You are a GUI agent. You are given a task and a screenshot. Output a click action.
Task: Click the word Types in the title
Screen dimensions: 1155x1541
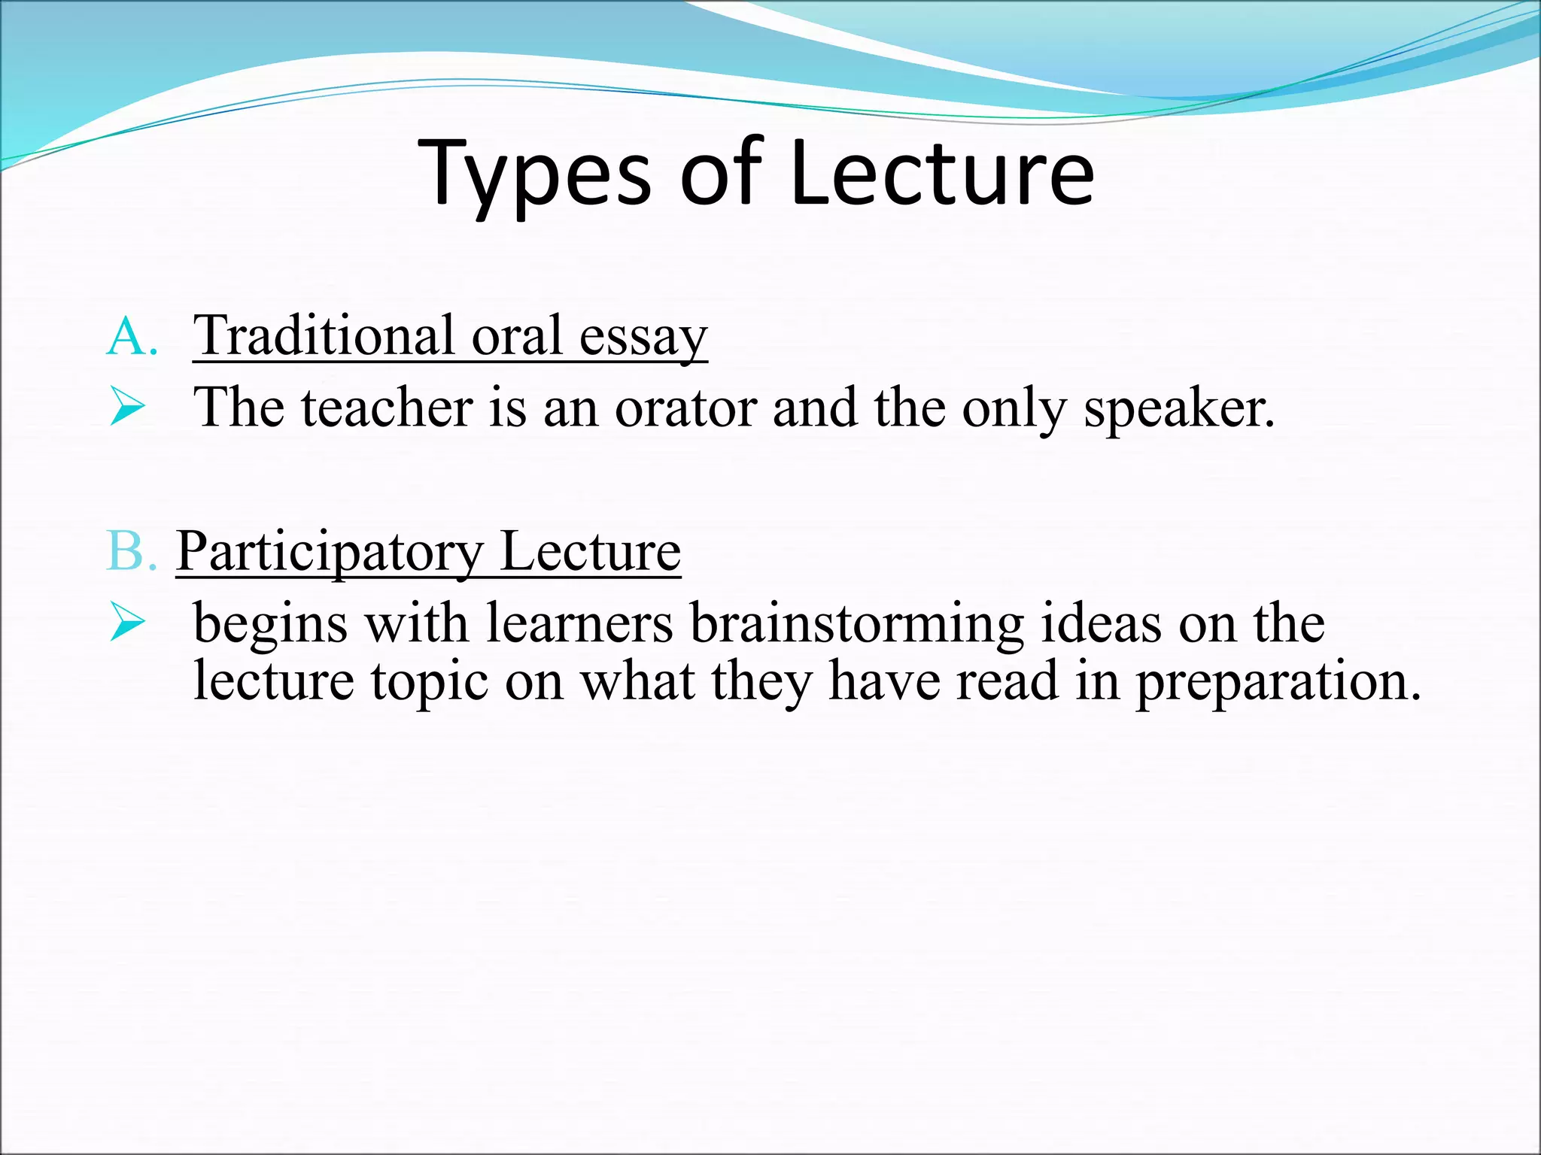[535, 174]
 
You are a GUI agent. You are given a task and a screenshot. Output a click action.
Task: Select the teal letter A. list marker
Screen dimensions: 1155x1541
[132, 337]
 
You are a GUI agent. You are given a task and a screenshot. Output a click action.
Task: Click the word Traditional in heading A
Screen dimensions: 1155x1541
[324, 335]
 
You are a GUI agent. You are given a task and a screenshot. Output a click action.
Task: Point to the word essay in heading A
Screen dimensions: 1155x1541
[643, 337]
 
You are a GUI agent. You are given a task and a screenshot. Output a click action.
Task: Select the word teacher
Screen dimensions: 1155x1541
[387, 408]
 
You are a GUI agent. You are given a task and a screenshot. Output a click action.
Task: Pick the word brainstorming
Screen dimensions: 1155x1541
[856, 624]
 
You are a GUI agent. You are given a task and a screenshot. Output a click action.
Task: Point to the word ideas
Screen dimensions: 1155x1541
[1101, 623]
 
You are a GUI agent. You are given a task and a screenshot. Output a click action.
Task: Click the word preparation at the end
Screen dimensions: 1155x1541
[1278, 681]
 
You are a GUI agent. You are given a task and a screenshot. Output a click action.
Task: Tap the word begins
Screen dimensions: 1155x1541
[271, 624]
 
